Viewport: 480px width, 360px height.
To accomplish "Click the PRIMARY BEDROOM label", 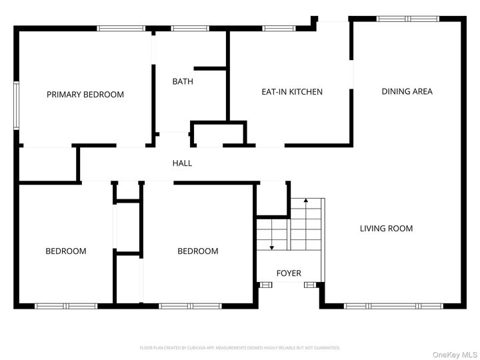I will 85,95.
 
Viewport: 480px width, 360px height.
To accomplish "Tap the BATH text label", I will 183,82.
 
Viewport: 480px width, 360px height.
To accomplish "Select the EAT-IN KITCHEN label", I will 291,92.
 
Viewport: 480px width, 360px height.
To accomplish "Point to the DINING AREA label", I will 407,91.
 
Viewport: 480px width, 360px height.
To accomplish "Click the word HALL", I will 182,163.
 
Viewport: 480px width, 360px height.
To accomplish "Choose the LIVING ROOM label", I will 386,229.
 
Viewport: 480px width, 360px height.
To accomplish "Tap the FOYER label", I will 289,273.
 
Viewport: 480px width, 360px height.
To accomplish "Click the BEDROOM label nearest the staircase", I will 197,251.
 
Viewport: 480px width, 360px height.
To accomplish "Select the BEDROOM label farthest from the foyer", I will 65,251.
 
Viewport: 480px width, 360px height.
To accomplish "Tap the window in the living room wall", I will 387,306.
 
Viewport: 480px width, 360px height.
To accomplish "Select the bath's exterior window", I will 190,28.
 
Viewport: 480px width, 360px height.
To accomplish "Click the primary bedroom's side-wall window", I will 17,105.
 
